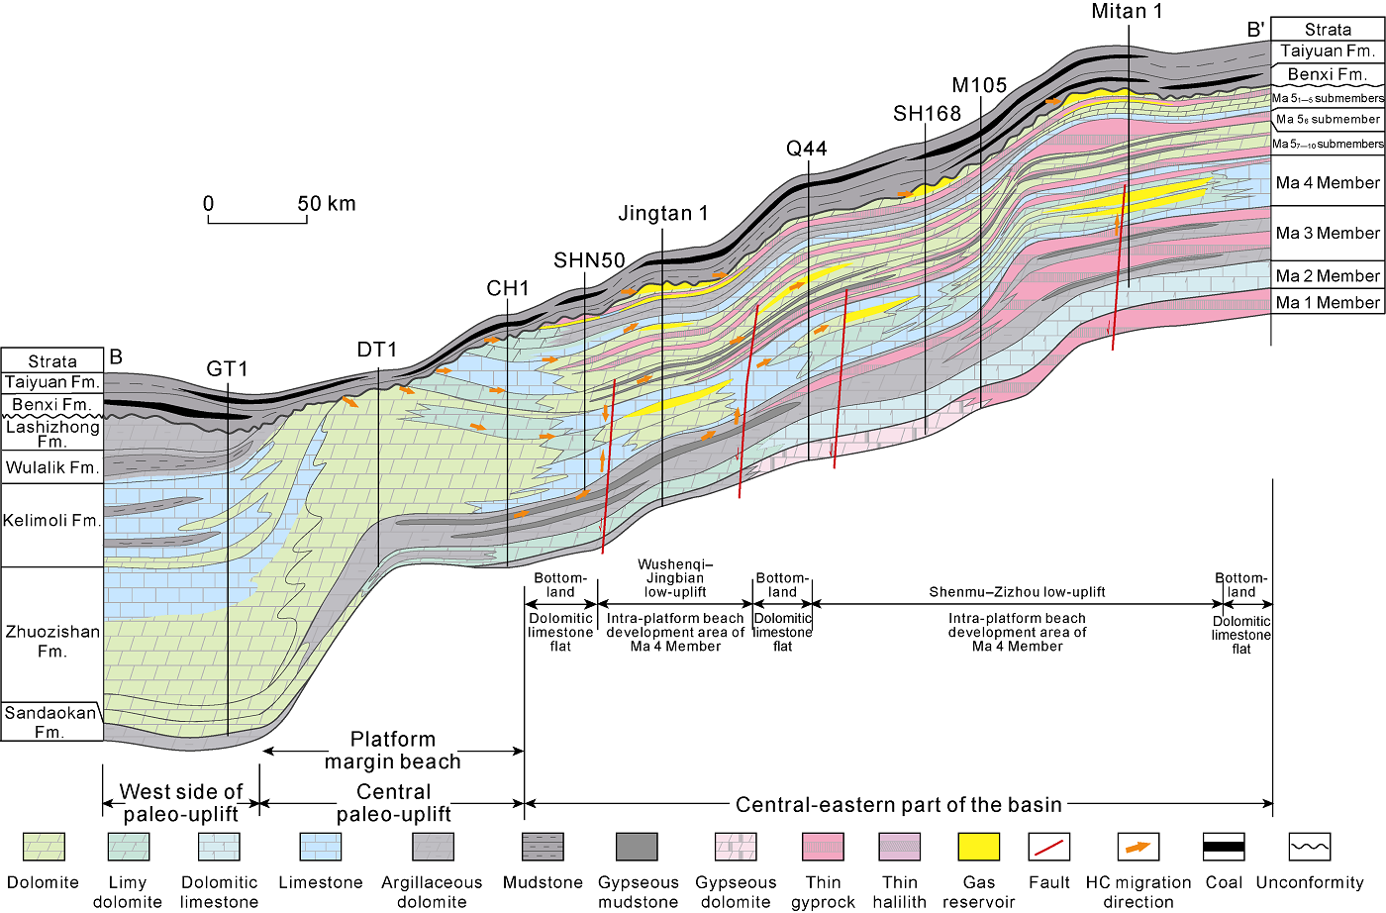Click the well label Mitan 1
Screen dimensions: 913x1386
tap(1127, 11)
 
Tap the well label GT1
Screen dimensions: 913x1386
tap(227, 369)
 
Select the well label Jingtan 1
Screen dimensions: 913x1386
tap(662, 214)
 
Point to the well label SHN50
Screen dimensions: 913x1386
tap(589, 260)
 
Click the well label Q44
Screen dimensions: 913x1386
tap(806, 149)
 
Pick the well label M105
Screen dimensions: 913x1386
tap(979, 86)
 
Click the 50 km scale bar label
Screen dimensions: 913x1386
tap(326, 204)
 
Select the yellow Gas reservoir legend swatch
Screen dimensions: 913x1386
tap(978, 847)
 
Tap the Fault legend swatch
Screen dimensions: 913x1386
tap(1049, 847)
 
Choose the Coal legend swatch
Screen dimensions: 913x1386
tap(1224, 847)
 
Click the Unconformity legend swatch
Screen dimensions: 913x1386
tap(1310, 847)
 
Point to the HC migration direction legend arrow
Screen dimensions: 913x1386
tap(1138, 847)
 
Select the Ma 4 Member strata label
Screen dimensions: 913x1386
tap(1327, 183)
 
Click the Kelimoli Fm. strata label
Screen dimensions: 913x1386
tap(51, 521)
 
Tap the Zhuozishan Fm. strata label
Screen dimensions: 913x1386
tap(52, 641)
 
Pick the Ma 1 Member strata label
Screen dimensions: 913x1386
tap(1327, 303)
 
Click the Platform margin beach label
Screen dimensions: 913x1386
tap(393, 751)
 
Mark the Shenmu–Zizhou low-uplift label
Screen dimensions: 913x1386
tap(1017, 592)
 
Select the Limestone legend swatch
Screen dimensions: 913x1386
tap(320, 847)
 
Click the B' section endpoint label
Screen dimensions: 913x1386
tap(1255, 30)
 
